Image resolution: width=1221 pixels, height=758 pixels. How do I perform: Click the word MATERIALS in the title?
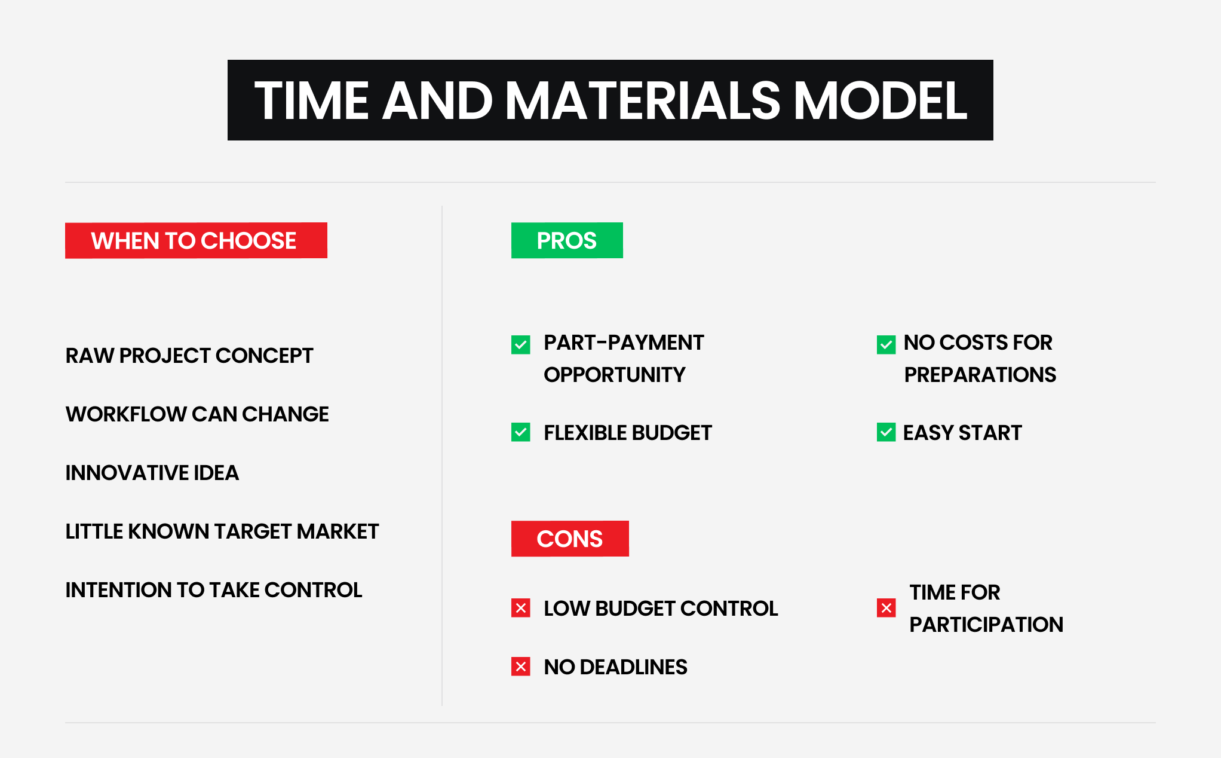point(643,100)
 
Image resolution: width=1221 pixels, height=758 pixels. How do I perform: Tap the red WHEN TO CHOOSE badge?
point(196,240)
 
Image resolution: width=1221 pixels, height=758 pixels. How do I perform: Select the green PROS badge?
point(567,240)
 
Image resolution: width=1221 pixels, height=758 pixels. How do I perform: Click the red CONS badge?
point(570,539)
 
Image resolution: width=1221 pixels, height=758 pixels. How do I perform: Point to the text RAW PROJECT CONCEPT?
point(189,356)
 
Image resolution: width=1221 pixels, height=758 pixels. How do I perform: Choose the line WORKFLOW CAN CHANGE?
point(197,414)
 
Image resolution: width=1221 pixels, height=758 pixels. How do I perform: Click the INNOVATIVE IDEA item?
point(152,473)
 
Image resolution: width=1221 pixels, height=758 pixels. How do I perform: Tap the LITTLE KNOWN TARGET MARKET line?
point(222,531)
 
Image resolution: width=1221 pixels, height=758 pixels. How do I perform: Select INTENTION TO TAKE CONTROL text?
point(214,590)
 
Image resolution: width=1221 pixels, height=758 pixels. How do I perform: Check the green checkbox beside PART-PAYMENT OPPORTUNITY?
point(521,345)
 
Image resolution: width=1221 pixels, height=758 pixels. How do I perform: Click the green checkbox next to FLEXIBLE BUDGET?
point(521,432)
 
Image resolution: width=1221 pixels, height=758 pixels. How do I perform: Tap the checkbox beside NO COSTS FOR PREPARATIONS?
point(886,345)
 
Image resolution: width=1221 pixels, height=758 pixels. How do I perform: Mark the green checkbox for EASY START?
point(886,432)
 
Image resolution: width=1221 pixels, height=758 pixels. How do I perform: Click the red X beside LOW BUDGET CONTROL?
point(521,608)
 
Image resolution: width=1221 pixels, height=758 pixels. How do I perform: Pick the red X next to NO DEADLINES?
point(521,667)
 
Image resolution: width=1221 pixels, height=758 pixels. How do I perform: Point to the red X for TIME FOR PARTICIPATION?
point(886,608)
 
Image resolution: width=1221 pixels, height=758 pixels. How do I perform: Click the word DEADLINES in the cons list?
point(633,667)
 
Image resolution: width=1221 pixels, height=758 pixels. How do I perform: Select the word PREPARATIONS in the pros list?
point(980,375)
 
